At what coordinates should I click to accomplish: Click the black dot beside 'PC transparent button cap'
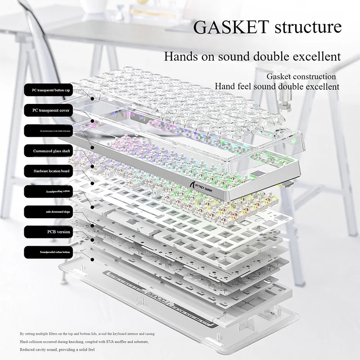(92, 98)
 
